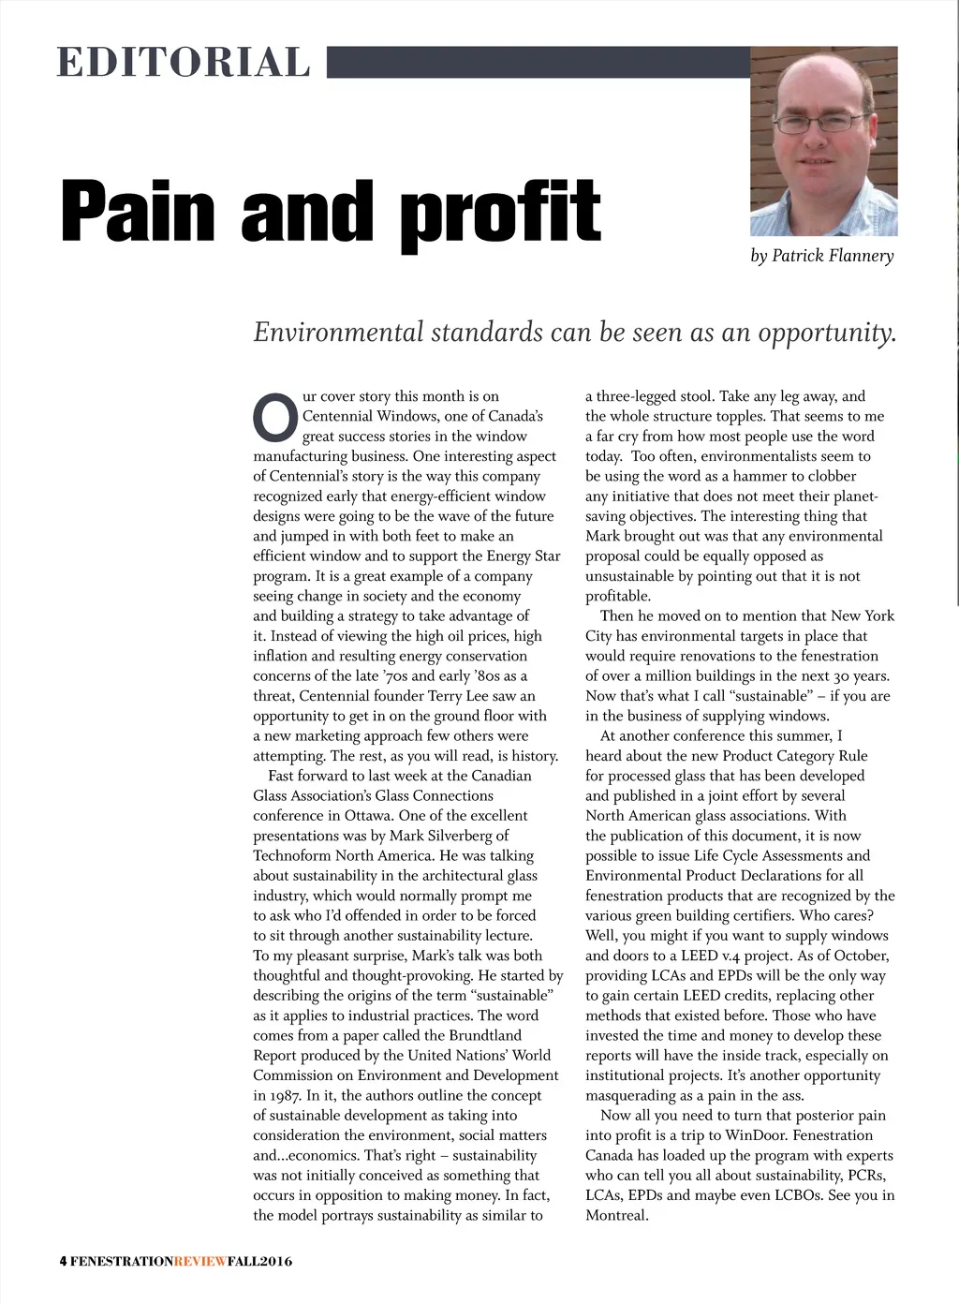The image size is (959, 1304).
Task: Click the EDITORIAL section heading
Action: click(x=184, y=62)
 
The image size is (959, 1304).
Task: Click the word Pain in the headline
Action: click(x=140, y=212)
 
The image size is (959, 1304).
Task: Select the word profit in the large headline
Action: click(x=500, y=214)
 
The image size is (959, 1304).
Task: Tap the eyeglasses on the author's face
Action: click(x=819, y=122)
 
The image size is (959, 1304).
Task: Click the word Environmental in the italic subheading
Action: click(x=338, y=333)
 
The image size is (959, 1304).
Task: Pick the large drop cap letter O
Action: click(x=274, y=418)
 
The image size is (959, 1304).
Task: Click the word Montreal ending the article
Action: click(x=615, y=1215)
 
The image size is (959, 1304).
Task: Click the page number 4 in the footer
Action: click(x=63, y=1261)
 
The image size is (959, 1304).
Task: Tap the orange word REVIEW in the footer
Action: click(x=200, y=1261)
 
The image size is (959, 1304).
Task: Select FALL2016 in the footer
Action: click(x=259, y=1261)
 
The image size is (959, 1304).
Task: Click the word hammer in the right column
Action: click(x=755, y=476)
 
